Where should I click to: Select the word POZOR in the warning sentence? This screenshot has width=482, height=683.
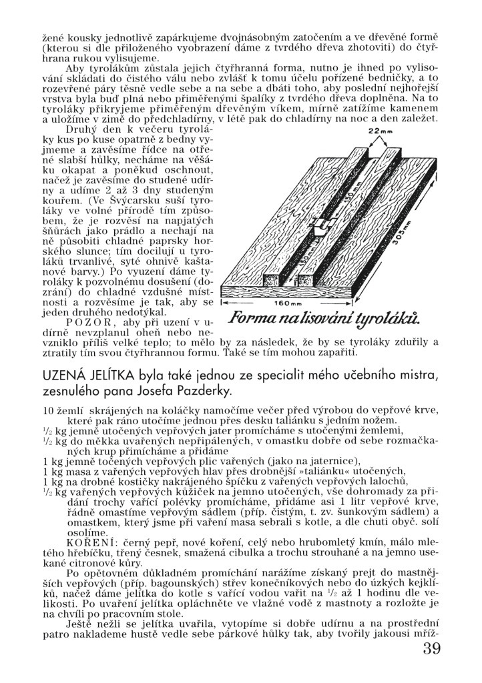pyautogui.click(x=85, y=321)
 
